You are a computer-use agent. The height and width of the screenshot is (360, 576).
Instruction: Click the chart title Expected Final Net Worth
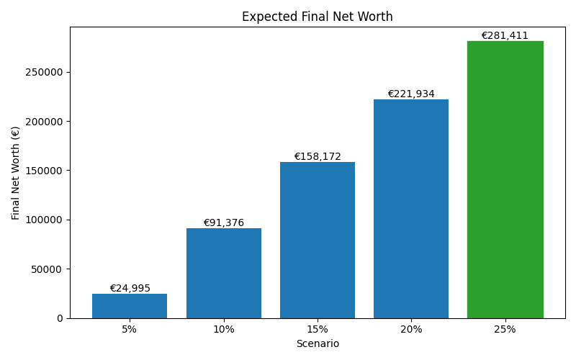click(x=317, y=17)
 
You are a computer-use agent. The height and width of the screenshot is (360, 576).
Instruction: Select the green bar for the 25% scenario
click(x=505, y=180)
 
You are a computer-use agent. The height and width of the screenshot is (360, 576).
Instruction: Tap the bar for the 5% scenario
click(x=130, y=306)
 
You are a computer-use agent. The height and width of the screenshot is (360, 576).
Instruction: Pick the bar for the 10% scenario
click(x=223, y=274)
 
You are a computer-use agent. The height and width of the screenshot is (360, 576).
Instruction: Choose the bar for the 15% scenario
click(x=317, y=240)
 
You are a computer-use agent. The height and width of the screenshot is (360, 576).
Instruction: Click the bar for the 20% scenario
click(x=411, y=209)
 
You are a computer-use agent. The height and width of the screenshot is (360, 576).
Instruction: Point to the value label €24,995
click(x=130, y=289)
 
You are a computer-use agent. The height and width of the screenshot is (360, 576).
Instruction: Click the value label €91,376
click(x=223, y=223)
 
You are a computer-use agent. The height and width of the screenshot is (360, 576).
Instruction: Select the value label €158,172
click(x=317, y=157)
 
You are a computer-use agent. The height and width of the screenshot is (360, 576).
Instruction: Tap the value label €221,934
click(x=411, y=94)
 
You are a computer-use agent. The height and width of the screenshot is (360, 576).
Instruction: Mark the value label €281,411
click(x=505, y=36)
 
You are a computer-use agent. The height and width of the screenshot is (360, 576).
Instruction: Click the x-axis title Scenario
click(x=317, y=344)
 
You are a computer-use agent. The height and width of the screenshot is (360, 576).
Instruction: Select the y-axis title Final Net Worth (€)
click(x=16, y=173)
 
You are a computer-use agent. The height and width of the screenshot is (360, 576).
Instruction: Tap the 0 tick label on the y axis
click(x=60, y=318)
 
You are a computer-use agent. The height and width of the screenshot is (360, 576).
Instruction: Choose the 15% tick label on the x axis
click(x=317, y=330)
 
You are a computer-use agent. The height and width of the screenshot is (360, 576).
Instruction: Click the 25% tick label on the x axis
click(x=505, y=330)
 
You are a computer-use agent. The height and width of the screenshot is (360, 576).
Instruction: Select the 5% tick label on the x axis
click(x=130, y=330)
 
